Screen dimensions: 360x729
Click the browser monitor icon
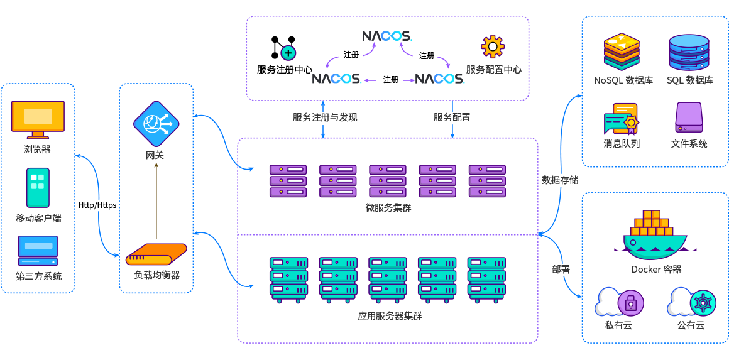click(x=38, y=119)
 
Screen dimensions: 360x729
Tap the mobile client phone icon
click(x=38, y=187)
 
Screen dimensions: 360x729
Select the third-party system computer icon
click(x=38, y=251)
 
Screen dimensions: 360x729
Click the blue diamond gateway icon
click(x=156, y=124)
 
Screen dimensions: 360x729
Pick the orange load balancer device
click(x=156, y=254)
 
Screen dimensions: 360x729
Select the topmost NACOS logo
click(x=386, y=36)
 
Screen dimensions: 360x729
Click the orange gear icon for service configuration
click(x=493, y=46)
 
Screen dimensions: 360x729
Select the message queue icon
click(x=621, y=119)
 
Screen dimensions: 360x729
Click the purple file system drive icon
click(x=689, y=117)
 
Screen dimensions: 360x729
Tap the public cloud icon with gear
click(x=691, y=303)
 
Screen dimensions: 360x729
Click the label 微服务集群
click(x=388, y=207)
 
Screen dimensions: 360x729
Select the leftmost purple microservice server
click(x=288, y=181)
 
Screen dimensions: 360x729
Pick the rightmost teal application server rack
click(x=486, y=279)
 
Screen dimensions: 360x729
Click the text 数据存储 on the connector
click(x=560, y=180)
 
